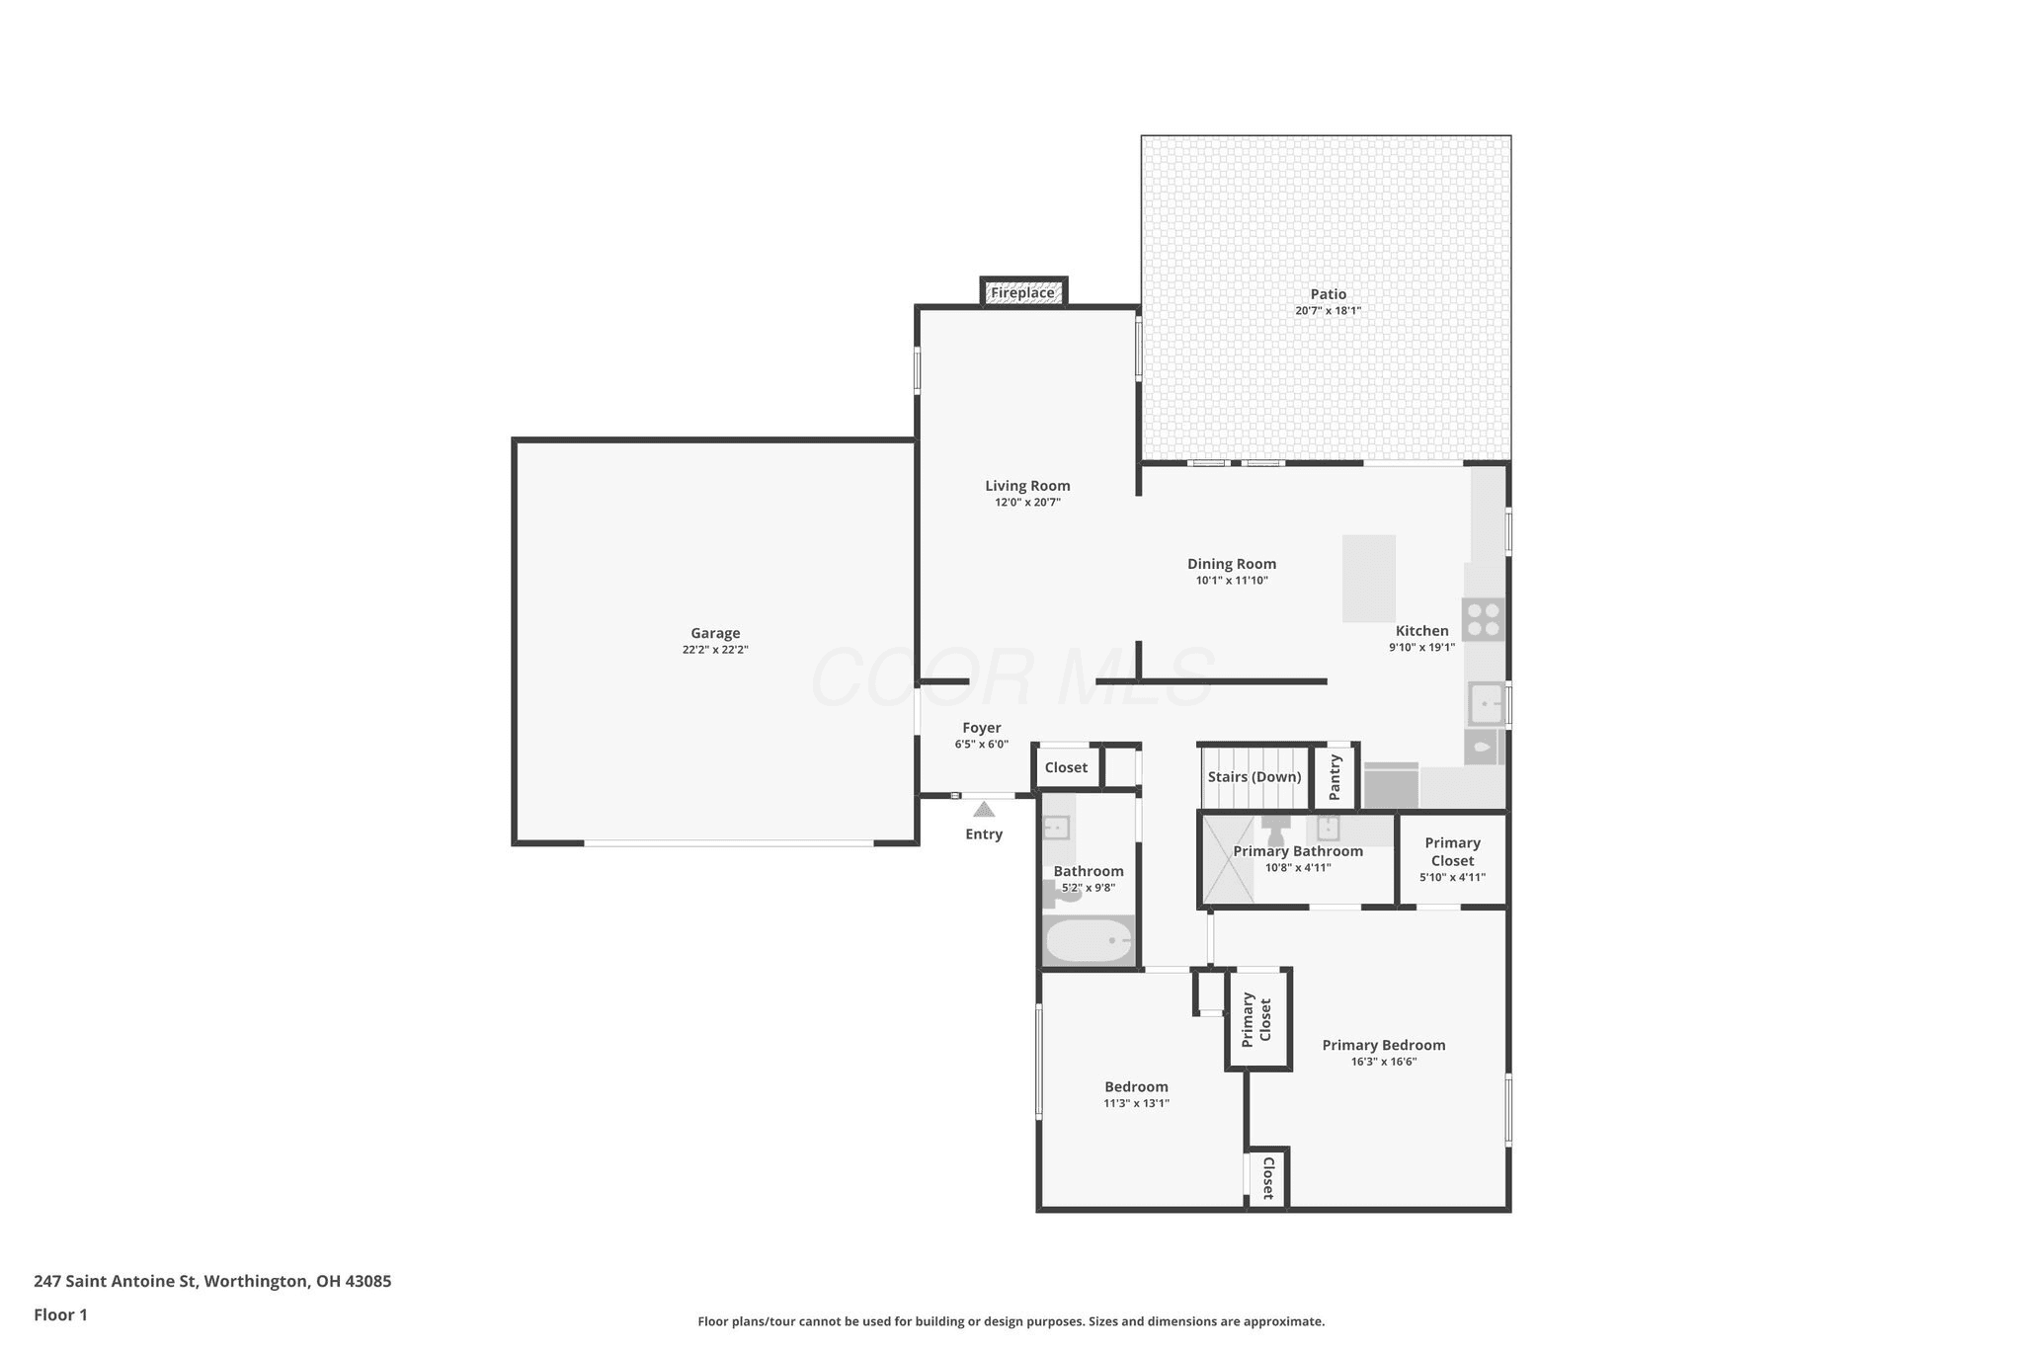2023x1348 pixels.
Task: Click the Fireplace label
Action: [1022, 293]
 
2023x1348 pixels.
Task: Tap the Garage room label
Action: [715, 633]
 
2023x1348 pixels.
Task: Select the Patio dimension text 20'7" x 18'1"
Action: [1328, 311]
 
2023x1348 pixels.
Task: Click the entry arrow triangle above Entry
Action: [984, 810]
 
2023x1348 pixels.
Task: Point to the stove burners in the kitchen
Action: [1484, 619]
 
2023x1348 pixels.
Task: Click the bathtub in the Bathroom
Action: [1089, 940]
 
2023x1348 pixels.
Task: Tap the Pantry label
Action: [1335, 777]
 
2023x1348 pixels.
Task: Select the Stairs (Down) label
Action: [1254, 777]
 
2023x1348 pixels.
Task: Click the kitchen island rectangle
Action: [1369, 579]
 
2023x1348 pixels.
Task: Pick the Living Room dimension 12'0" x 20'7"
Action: [1027, 503]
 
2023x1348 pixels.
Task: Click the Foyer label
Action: [982, 728]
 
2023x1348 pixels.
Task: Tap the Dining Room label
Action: [1232, 564]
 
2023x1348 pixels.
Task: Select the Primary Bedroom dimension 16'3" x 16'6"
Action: [1384, 1063]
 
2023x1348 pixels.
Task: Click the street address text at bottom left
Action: [212, 1281]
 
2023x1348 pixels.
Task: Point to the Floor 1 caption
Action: [60, 1314]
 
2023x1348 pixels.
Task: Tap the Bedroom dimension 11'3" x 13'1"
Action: [1136, 1104]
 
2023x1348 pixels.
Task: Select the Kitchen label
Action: [1422, 631]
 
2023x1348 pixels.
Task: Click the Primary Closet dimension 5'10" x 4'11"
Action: [1452, 878]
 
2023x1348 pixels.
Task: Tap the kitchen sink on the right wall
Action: [1486, 704]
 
